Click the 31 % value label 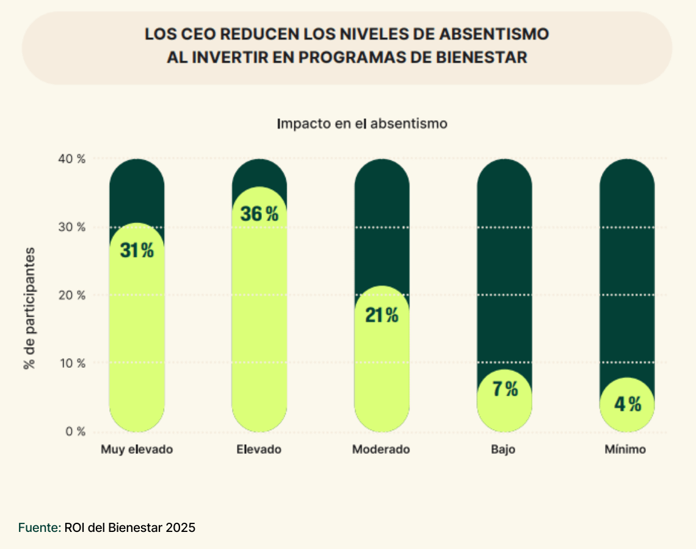tap(137, 250)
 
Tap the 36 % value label tap(259, 214)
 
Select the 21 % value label tap(382, 315)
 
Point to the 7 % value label tap(505, 389)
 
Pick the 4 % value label tap(627, 404)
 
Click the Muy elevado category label tap(137, 450)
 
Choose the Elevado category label tap(259, 450)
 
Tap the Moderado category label tap(381, 450)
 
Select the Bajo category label tap(503, 450)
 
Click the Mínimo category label tap(625, 450)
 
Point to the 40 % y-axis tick tap(73, 159)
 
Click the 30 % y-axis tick tap(73, 227)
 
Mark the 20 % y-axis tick tap(73, 295)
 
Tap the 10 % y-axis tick tap(73, 363)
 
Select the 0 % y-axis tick tap(76, 431)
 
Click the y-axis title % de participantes tap(29, 308)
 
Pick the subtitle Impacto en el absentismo tap(362, 123)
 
